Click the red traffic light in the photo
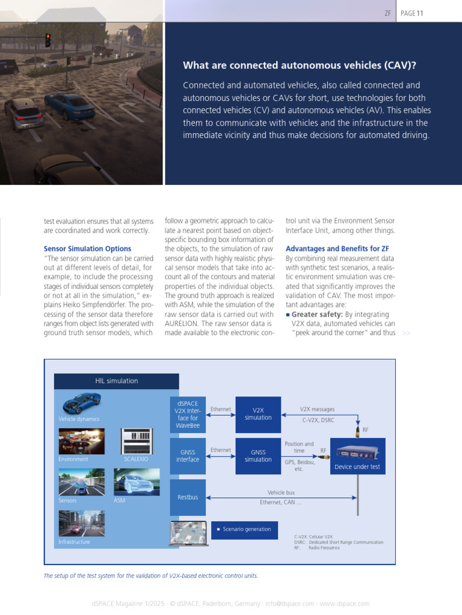pos(48,40)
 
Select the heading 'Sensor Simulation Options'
pos(87,249)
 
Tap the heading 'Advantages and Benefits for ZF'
pos(337,249)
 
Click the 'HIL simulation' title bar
pos(117,381)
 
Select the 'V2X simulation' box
pos(258,414)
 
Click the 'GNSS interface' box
pos(188,455)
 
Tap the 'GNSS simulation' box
pos(258,455)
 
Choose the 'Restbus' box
pos(188,497)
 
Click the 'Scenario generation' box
pos(244,529)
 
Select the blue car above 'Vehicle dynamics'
pos(81,402)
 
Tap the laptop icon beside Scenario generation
pos(189,533)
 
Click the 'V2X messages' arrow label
pos(317,409)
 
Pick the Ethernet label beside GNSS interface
pos(221,449)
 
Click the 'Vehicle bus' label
pos(280,492)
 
